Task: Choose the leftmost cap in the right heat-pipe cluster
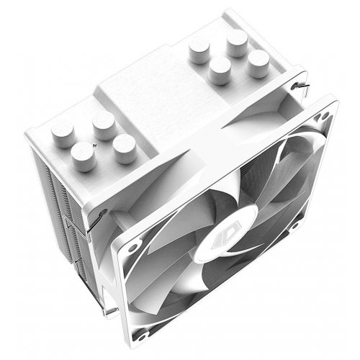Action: pyautogui.click(x=199, y=50)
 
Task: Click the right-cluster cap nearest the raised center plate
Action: pyautogui.click(x=219, y=70)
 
